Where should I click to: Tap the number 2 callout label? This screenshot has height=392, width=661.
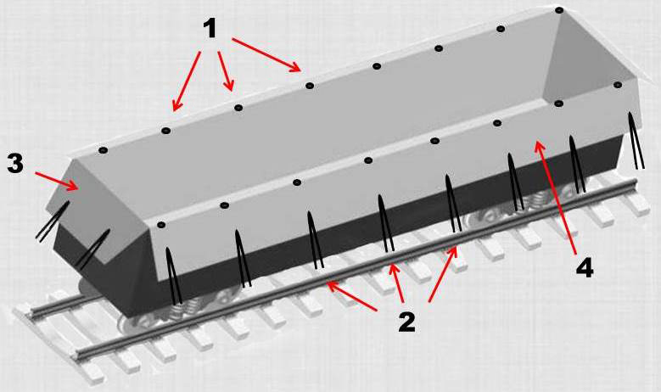click(x=406, y=322)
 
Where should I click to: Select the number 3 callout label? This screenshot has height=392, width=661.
click(x=15, y=163)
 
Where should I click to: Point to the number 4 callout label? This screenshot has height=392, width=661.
click(x=585, y=267)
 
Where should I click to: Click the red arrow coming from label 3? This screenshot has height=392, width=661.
click(x=57, y=181)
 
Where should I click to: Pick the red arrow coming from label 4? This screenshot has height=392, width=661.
click(x=556, y=198)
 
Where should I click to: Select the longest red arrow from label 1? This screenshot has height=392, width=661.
click(x=266, y=56)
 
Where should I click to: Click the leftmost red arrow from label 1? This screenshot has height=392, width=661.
click(x=186, y=81)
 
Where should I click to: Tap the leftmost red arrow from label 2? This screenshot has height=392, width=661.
click(x=351, y=296)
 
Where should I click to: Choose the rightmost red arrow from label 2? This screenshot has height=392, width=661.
click(x=443, y=274)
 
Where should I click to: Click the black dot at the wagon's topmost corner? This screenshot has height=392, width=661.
click(x=559, y=9)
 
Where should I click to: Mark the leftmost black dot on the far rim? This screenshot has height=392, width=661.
click(x=104, y=150)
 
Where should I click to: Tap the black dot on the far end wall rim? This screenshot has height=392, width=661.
click(x=618, y=85)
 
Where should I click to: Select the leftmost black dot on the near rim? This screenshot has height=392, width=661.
click(x=160, y=225)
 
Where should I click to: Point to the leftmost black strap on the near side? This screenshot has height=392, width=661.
click(x=174, y=276)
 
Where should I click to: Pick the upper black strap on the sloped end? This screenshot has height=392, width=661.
click(x=53, y=221)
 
